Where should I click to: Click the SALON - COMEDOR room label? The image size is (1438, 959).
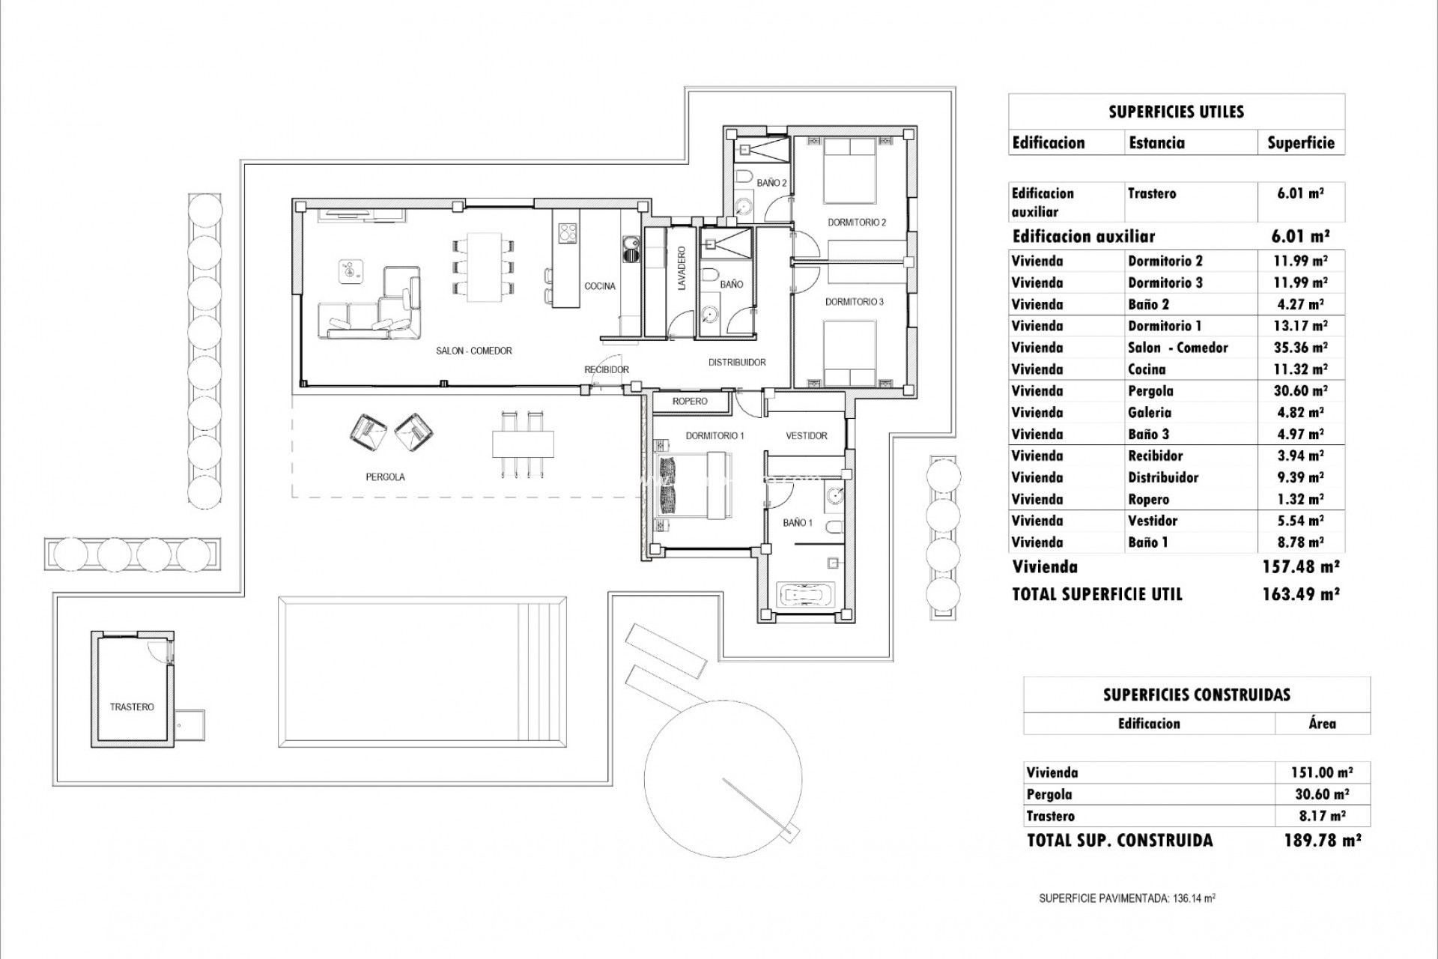point(473,351)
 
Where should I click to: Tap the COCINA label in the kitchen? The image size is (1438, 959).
point(600,286)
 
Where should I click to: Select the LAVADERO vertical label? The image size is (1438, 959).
point(682,275)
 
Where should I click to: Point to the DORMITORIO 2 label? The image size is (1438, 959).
point(857,223)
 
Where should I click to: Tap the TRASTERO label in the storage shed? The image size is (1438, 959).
point(132,707)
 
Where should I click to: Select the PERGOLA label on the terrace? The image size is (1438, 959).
point(385,477)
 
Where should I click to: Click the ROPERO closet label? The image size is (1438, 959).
point(689,402)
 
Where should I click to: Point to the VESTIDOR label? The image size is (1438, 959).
point(806,435)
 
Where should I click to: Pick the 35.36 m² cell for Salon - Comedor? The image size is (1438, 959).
point(1302,348)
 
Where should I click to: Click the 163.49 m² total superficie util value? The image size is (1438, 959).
point(1301,594)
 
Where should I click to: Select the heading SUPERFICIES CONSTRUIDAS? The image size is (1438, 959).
point(1196,695)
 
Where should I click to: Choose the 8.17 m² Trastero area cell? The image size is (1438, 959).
point(1323,816)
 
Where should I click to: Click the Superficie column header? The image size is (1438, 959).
point(1300,142)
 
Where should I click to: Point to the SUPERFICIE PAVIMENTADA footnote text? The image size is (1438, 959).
point(1126,898)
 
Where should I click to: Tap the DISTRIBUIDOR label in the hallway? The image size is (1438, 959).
point(737,363)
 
